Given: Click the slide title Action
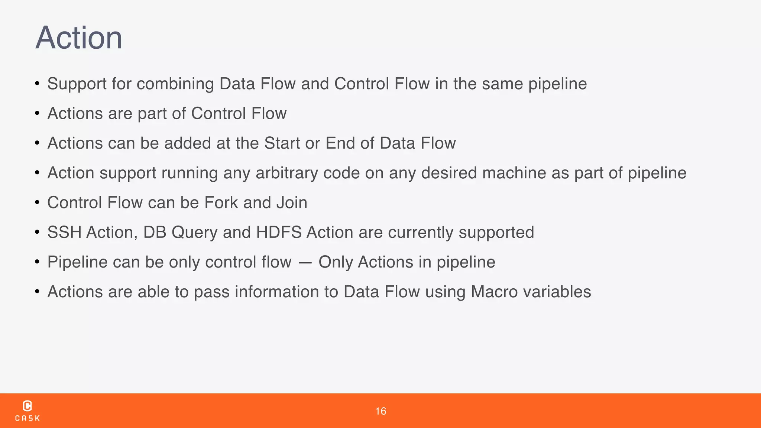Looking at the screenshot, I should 79,38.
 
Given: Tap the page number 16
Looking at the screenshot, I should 380,411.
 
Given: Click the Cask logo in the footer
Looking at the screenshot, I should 27,411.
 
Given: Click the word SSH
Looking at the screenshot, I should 64,233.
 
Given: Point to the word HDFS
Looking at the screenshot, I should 279,233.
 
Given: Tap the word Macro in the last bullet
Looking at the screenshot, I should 494,292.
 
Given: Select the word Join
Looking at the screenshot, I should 292,203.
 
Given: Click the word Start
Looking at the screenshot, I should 282,143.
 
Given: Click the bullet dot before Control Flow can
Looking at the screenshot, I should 37,203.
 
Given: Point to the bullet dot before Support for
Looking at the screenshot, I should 37,84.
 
